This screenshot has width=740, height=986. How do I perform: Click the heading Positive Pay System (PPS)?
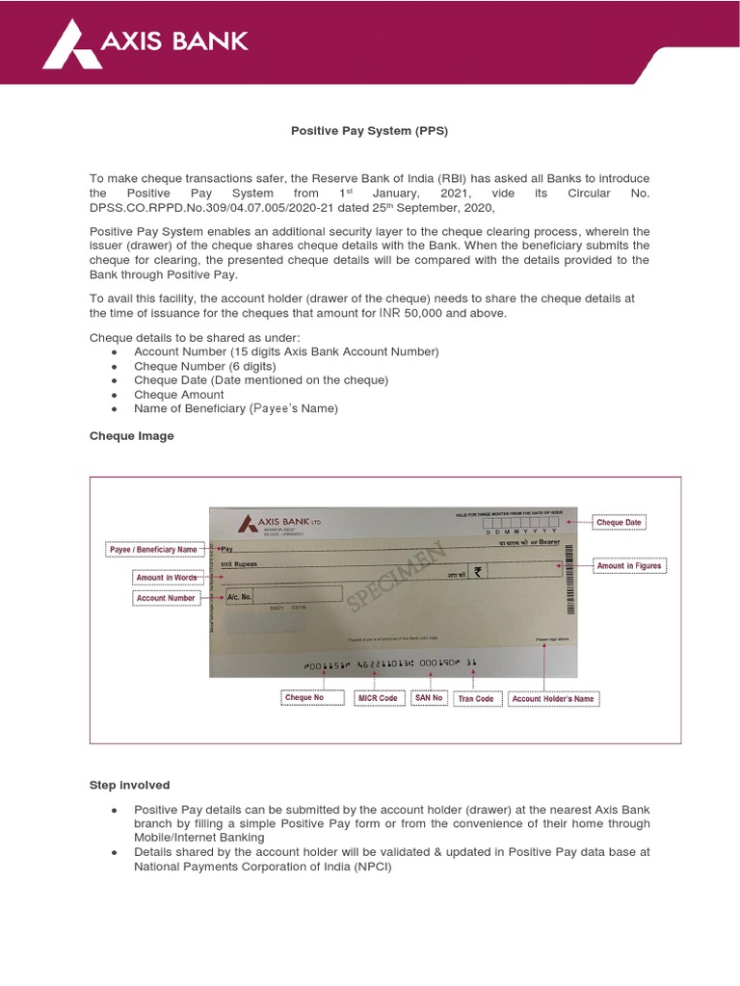pos(370,131)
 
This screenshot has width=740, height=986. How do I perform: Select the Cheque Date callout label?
pos(619,523)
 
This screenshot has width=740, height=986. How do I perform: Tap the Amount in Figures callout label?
pos(629,565)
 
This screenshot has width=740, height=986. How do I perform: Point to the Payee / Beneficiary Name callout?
pos(153,550)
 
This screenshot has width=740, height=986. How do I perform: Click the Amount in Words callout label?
pos(166,578)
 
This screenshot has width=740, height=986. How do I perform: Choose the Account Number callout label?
pos(166,598)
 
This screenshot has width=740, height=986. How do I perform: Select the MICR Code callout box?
pos(378,697)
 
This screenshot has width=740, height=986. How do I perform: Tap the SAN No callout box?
pos(429,697)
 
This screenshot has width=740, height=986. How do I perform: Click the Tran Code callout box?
pos(476,698)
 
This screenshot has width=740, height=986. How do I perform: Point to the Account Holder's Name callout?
pos(553,698)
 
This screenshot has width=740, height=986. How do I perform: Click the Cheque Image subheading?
pos(132,436)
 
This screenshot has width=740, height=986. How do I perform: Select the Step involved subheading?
pos(129,786)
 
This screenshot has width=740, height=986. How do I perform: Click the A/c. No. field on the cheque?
pos(239,597)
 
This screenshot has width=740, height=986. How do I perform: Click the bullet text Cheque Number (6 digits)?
pos(205,366)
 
